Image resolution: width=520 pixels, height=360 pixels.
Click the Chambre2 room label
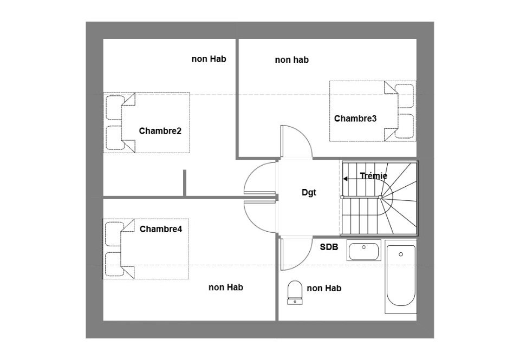[x=160, y=131]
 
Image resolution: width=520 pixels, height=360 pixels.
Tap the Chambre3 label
[x=355, y=119]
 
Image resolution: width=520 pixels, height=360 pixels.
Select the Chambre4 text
[x=161, y=229]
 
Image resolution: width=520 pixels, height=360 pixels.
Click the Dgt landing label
[x=309, y=193]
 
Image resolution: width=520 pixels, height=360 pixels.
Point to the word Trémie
[x=374, y=176]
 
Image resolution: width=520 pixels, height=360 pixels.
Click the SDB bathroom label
[x=329, y=247]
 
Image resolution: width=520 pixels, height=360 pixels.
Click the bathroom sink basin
[x=364, y=251]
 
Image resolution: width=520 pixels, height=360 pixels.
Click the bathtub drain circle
[x=401, y=254]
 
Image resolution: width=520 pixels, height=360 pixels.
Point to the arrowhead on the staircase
[x=345, y=179]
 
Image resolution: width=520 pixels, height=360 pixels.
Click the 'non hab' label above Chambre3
[x=292, y=60]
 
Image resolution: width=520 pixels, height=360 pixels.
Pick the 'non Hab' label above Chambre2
[x=209, y=59]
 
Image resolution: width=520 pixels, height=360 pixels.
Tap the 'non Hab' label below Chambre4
[x=226, y=287]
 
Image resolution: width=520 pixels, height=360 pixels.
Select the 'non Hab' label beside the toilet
[x=324, y=289]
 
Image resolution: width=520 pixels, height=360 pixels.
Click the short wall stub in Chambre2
[x=185, y=182]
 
